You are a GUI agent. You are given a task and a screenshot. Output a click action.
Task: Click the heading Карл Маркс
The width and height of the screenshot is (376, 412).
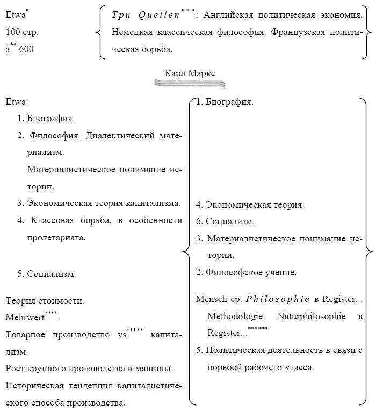tap(190, 72)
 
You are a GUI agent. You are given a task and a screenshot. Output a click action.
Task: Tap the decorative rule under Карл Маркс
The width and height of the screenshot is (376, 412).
tap(190, 84)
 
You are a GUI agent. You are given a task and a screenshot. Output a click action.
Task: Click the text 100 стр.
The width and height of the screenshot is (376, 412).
tap(22, 32)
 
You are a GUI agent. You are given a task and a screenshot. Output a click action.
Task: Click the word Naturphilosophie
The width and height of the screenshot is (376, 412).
tap(312, 317)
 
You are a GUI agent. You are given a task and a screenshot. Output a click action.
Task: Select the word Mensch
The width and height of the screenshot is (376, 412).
tap(212, 299)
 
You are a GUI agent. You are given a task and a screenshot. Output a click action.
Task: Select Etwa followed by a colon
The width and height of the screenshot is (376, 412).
tap(17, 102)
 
